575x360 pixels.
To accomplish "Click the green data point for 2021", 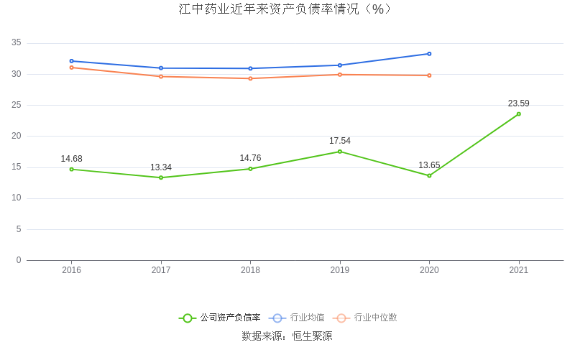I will pyautogui.click(x=519, y=114).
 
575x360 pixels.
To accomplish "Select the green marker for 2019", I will pyautogui.click(x=340, y=152).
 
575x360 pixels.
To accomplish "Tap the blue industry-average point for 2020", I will pyautogui.click(x=429, y=54).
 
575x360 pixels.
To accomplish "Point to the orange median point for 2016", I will pyautogui.click(x=71, y=68).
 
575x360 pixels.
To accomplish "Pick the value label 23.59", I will pyautogui.click(x=519, y=103).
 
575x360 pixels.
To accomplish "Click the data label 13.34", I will pyautogui.click(x=161, y=167).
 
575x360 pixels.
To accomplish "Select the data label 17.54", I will pyautogui.click(x=340, y=141).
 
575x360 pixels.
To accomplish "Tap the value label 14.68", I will pyautogui.click(x=71, y=159).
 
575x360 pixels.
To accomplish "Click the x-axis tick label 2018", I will pyautogui.click(x=250, y=270).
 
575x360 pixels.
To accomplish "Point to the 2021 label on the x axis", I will pyautogui.click(x=519, y=270).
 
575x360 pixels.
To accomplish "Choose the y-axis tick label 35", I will pyautogui.click(x=17, y=43).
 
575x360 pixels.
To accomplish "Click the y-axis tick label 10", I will pyautogui.click(x=17, y=198).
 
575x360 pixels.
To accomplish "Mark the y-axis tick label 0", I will pyautogui.click(x=19, y=260).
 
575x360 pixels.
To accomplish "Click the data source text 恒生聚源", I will pyautogui.click(x=312, y=336).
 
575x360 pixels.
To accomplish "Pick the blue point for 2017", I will pyautogui.click(x=161, y=68).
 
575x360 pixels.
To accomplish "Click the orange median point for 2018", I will pyautogui.click(x=250, y=78).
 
